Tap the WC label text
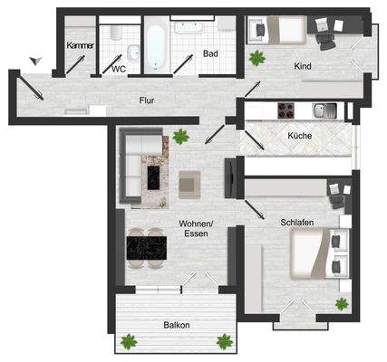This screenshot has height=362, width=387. (119, 68)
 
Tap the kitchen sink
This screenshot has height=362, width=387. (324, 110)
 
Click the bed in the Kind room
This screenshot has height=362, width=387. (275, 30)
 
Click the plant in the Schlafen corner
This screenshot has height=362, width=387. (341, 303)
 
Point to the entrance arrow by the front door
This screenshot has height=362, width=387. (34, 61)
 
